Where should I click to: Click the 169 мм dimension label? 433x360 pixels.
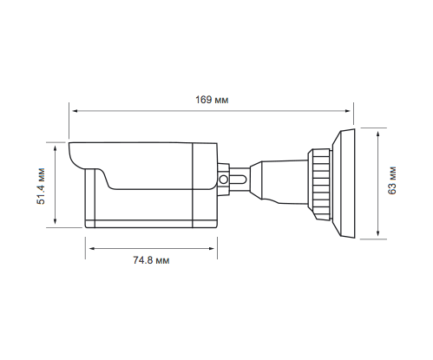click(x=212, y=100)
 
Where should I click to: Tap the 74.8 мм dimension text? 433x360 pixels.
click(x=151, y=260)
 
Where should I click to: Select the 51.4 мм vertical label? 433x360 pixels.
click(x=42, y=186)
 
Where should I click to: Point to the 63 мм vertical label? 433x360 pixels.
click(x=392, y=180)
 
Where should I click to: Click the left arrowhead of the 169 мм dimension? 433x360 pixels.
click(x=75, y=111)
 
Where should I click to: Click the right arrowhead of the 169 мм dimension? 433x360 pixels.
click(x=348, y=111)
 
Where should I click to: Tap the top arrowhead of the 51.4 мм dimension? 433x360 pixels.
click(x=56, y=148)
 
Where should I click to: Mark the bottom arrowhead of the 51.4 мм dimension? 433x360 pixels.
click(x=56, y=221)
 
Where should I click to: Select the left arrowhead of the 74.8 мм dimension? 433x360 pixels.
click(x=92, y=248)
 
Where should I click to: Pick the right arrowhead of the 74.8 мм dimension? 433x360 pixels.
click(x=212, y=248)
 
